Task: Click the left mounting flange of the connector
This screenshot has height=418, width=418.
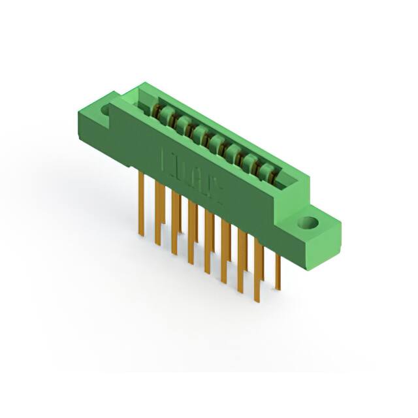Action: point(98,121)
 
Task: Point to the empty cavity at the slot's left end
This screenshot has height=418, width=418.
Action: point(145,99)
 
